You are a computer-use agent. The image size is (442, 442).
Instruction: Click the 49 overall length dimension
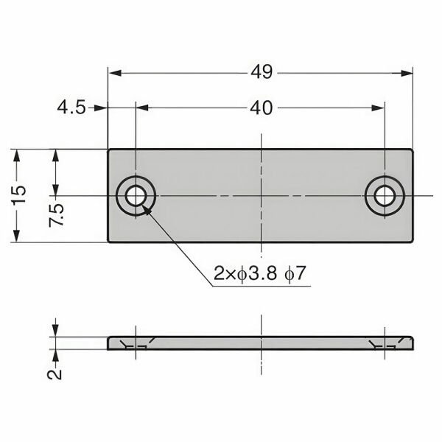262,71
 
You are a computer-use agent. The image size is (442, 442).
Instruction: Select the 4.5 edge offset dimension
71,108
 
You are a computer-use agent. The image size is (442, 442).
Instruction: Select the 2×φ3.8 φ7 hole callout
260,275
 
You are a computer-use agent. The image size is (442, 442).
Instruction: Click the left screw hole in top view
136,196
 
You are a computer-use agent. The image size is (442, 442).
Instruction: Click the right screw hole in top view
385,196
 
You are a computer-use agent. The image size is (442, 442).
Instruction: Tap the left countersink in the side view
136,343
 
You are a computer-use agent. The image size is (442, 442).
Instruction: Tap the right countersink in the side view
385,343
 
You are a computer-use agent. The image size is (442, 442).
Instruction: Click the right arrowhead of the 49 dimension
407,71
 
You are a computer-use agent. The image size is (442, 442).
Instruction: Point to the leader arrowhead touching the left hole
146,208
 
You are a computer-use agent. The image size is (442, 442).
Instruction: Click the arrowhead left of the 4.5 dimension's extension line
102,108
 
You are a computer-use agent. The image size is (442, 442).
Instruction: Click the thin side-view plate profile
262,343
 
